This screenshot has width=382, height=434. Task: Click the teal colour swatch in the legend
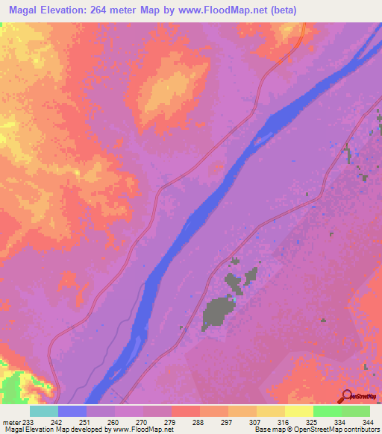click(x=44, y=411)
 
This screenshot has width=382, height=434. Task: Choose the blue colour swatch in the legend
click(x=72, y=411)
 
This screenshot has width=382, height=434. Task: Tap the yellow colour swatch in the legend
click(x=299, y=411)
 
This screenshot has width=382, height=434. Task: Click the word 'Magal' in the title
click(x=20, y=10)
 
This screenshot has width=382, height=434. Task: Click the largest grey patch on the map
click(x=216, y=312)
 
